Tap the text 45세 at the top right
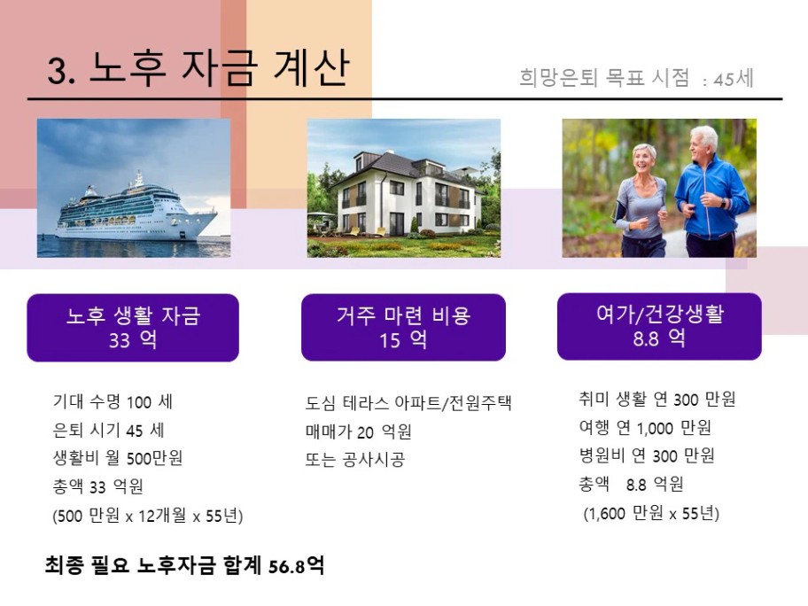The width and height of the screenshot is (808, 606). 734,79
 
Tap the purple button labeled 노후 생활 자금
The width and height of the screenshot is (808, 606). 133,328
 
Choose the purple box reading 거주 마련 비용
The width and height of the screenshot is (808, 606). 403,328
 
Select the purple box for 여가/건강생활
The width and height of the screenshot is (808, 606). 659,327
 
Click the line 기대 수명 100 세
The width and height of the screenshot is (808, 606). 113,402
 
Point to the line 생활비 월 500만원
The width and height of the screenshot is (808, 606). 118,457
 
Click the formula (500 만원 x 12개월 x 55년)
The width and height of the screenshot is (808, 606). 147,516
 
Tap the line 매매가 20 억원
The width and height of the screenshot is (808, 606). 358,431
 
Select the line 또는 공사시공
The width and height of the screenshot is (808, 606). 355,459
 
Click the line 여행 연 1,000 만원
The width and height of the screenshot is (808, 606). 645,427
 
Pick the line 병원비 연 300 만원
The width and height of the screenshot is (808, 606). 647,455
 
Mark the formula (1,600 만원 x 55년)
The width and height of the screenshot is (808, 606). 651,513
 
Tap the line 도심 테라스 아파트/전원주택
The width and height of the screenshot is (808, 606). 408,403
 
